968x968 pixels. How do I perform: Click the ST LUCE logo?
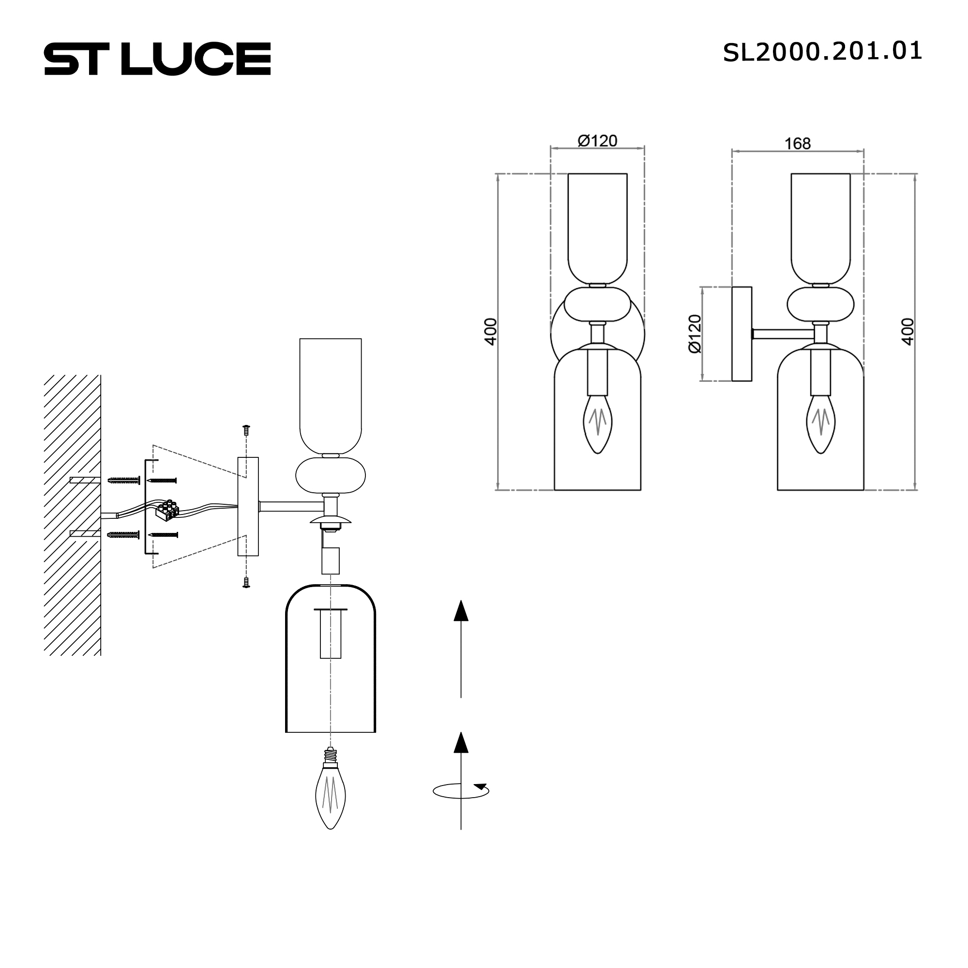tap(157, 59)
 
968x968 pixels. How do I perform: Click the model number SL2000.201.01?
tap(822, 52)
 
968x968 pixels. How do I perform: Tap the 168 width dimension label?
tap(797, 144)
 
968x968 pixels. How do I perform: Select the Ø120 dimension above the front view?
tap(597, 141)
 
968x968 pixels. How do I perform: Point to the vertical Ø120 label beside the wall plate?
tap(695, 333)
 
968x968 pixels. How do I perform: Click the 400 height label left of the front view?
tap(490, 331)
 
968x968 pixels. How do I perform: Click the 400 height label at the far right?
tap(907, 331)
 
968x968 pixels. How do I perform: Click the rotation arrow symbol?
tap(461, 791)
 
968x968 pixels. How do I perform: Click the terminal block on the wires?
tap(167, 510)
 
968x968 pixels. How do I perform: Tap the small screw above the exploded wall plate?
tap(246, 429)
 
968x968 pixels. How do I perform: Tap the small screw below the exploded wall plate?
tap(246, 582)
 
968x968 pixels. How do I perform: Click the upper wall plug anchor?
tap(123, 481)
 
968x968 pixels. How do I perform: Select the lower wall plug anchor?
tap(123, 535)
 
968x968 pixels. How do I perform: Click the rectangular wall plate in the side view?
tap(741, 333)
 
